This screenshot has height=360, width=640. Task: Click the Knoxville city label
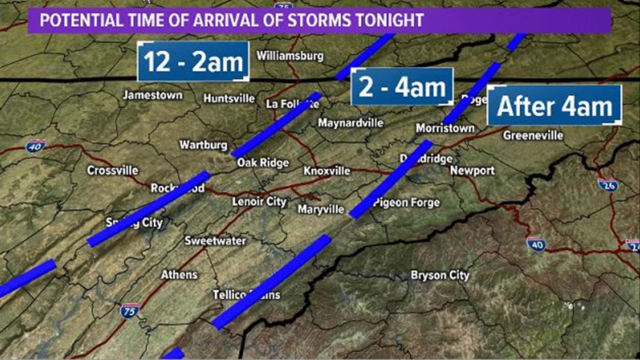coord(327,171)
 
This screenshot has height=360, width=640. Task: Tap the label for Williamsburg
coord(290,56)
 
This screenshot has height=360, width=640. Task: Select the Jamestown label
coord(153,95)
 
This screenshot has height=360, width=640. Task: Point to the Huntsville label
coord(229,98)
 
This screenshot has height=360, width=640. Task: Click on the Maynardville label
coord(351,123)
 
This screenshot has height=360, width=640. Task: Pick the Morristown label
coord(445,128)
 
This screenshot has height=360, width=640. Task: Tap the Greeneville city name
coord(533,135)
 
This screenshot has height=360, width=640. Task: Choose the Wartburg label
coord(203,145)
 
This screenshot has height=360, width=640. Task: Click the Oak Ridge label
coord(263,163)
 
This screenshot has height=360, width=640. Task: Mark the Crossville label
coord(113,170)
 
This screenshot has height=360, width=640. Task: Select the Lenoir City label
coord(259,202)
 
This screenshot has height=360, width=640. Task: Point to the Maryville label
coord(321,209)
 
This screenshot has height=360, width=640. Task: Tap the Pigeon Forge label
coord(407,203)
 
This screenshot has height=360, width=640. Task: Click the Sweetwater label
coord(215,241)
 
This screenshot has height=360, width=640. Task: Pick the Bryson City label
coord(440,275)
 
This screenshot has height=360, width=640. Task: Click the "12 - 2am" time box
coord(193,62)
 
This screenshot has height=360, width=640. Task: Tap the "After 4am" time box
coord(555,106)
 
